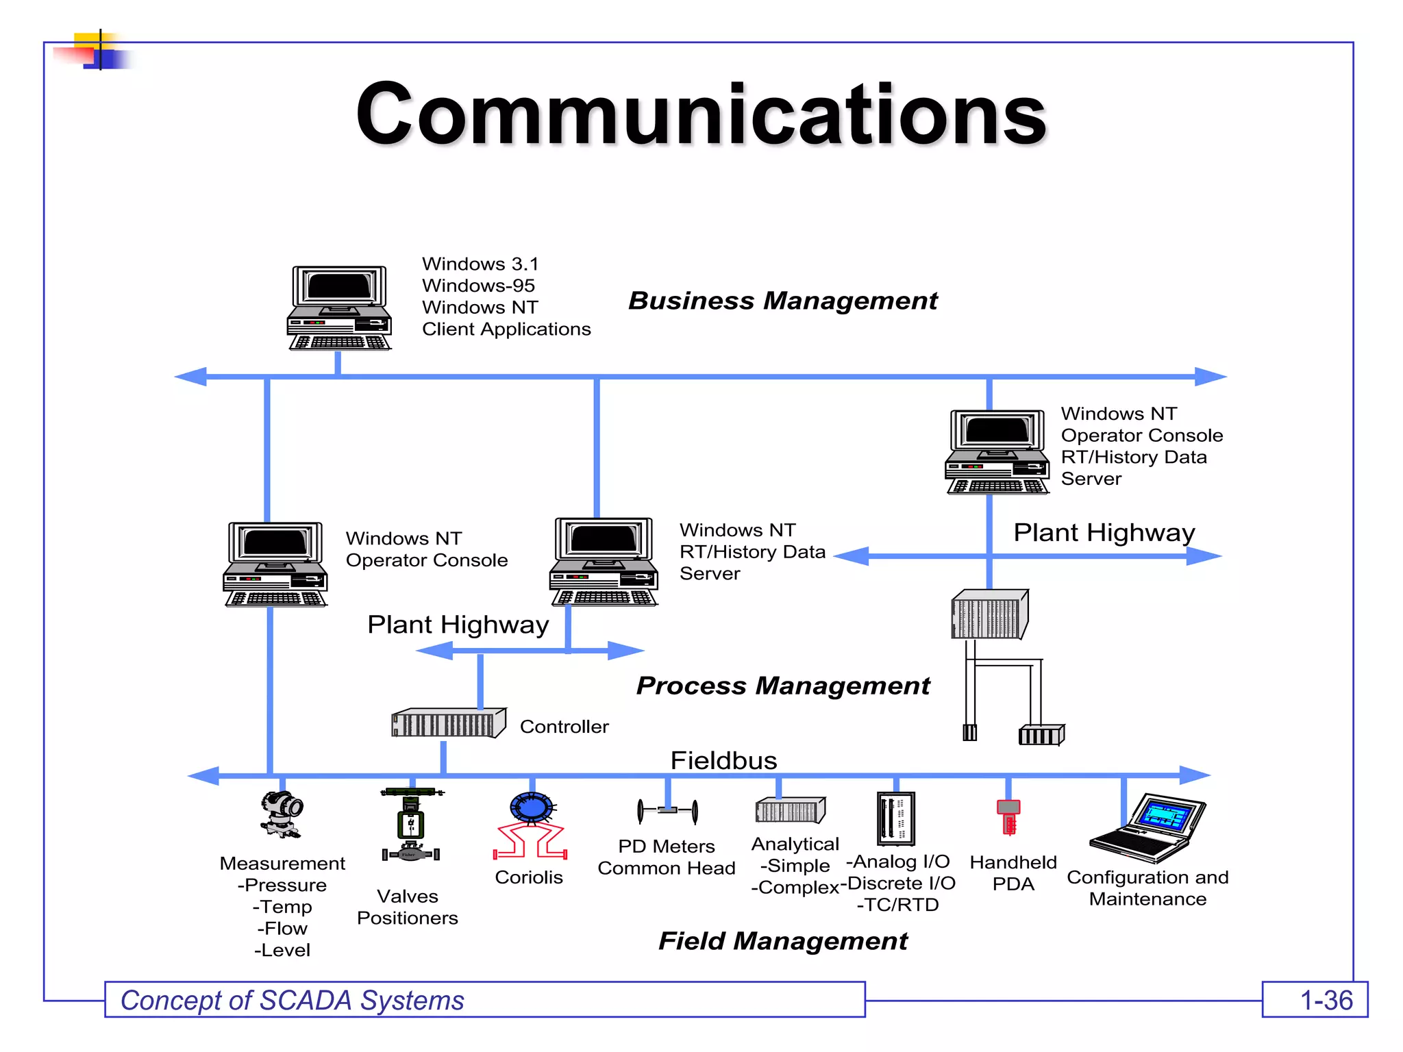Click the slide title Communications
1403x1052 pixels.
click(701, 114)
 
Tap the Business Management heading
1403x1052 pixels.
click(782, 301)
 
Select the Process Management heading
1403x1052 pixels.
click(782, 686)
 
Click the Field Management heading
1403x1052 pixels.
click(782, 941)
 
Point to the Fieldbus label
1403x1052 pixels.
click(723, 760)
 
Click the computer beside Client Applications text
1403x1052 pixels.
click(339, 308)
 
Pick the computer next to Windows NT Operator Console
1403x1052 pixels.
click(275, 564)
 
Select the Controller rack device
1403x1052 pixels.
click(448, 723)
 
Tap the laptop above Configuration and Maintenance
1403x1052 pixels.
click(1148, 827)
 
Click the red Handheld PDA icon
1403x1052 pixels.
click(1008, 816)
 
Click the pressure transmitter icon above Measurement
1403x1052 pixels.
click(282, 814)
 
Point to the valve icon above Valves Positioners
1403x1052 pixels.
click(410, 825)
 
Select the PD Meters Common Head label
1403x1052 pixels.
click(666, 857)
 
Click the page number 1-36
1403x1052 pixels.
click(1326, 1001)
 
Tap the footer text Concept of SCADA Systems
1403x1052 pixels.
click(293, 1001)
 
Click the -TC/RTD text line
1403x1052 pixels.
click(897, 905)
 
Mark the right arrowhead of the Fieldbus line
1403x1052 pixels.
click(1195, 775)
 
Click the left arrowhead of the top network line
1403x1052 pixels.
click(191, 377)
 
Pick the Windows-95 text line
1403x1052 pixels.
click(478, 286)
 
